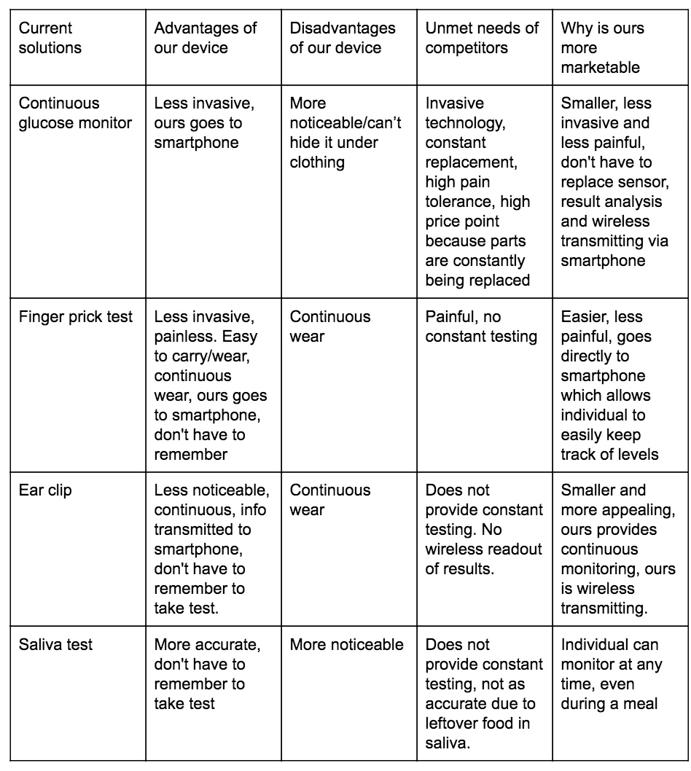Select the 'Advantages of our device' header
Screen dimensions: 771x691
point(205,38)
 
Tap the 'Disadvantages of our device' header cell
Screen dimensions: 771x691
point(342,38)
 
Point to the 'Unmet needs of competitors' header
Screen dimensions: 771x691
point(482,38)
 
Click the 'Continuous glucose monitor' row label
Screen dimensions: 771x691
point(75,113)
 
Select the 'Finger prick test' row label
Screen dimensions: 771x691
point(76,317)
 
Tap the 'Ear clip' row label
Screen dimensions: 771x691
point(45,490)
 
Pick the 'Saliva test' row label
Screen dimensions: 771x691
point(55,645)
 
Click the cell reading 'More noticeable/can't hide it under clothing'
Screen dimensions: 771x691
point(345,133)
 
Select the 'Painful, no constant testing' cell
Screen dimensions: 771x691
point(481,326)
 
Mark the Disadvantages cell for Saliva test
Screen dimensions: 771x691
point(346,645)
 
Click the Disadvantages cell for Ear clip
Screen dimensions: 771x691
point(330,500)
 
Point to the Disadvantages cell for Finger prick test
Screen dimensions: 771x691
point(330,326)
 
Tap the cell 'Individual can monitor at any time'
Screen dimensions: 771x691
point(609,674)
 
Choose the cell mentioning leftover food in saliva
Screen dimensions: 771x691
point(483,694)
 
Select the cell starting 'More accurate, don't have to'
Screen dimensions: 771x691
point(206,674)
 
